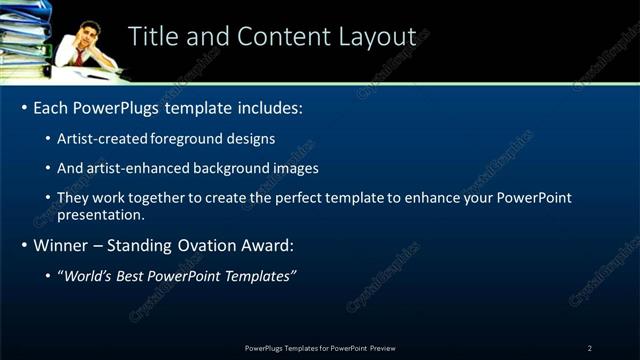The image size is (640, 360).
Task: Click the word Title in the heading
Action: tap(152, 36)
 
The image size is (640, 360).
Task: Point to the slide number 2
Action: tap(589, 347)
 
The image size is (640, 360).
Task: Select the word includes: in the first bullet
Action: tap(265, 107)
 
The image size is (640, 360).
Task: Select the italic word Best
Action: tap(137, 275)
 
